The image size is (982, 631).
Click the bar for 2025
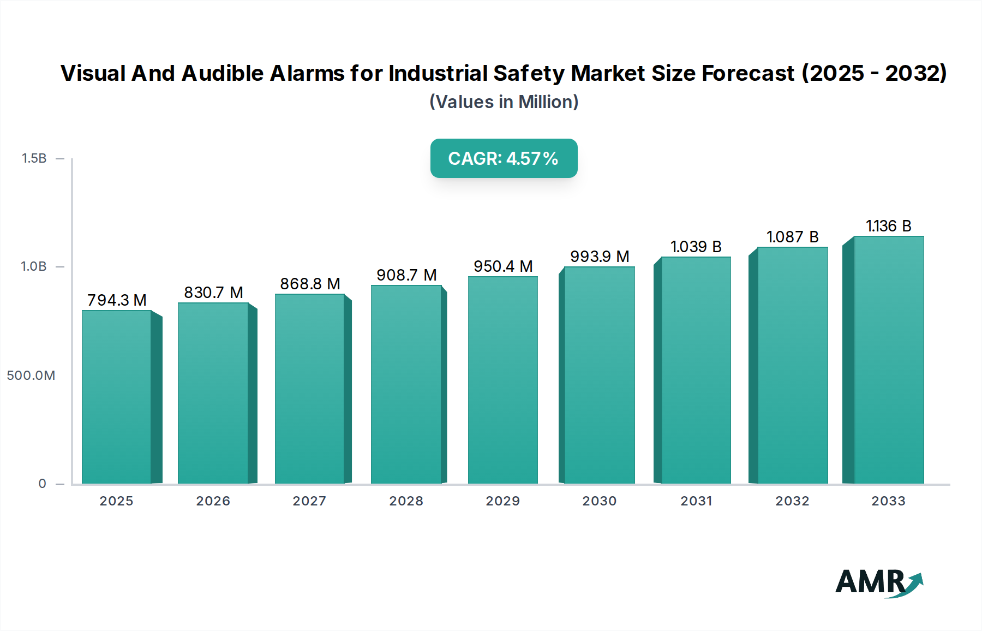pos(117,397)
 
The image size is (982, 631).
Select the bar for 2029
pos(502,380)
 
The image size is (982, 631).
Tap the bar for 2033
pos(889,360)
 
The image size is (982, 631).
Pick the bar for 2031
pos(696,371)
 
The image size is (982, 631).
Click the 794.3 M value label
pos(117,300)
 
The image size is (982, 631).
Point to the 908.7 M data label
pos(406,275)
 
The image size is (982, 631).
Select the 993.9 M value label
pos(600,257)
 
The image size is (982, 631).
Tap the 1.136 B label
pos(888,226)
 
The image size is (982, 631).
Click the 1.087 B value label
pos(792,237)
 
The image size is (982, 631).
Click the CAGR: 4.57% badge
pos(504,158)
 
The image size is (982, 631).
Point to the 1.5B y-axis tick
pos(34,158)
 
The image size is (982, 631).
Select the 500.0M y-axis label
pos(31,376)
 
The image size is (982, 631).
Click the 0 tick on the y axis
pos(43,484)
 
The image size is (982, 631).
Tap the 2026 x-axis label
pos(213,501)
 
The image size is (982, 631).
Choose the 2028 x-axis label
pos(406,501)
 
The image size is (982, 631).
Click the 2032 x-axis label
pos(792,501)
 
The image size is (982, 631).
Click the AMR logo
pos(878,582)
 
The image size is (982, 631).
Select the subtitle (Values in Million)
pos(504,102)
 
